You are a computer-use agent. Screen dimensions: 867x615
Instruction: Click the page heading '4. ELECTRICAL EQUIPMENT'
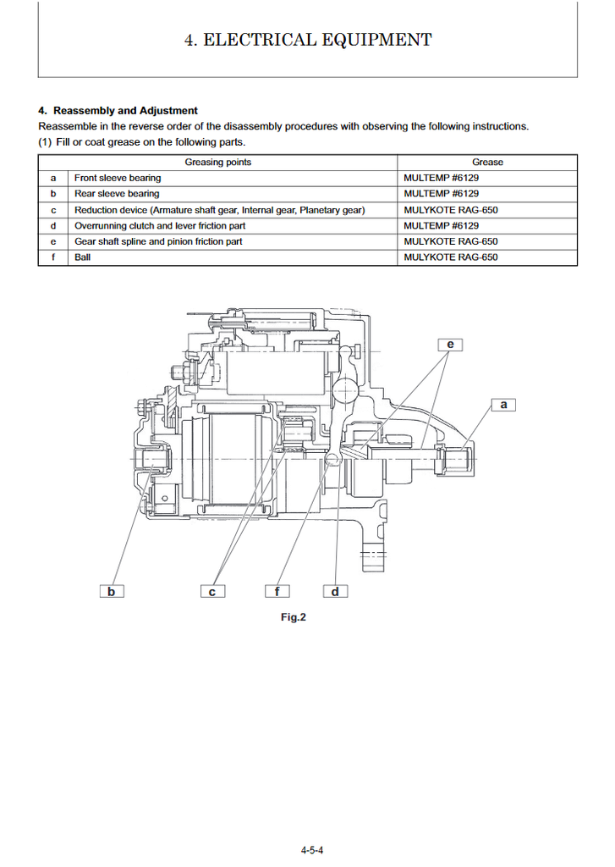coord(308,40)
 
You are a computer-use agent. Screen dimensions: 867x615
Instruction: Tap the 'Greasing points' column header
coord(218,162)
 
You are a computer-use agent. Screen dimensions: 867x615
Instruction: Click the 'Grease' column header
coord(487,162)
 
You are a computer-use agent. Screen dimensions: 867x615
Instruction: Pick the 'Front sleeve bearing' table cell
coord(118,178)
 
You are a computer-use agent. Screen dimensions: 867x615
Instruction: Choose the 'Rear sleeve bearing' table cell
coord(117,194)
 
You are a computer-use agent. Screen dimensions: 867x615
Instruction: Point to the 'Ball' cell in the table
coord(83,257)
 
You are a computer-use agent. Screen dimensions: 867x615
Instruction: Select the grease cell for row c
coord(451,210)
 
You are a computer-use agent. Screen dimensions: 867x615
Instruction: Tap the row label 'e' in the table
coord(53,241)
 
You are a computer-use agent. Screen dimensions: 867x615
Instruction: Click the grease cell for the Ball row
coord(451,257)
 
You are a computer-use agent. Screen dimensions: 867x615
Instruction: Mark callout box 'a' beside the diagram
coord(503,405)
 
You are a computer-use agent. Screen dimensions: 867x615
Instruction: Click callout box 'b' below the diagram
coord(111,591)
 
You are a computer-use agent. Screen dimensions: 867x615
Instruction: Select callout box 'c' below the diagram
coord(212,591)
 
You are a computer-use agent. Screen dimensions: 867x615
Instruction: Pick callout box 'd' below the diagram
coord(335,591)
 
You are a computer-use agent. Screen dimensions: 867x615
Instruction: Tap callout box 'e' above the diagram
coord(450,344)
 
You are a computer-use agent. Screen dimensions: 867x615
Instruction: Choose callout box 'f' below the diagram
coord(277,591)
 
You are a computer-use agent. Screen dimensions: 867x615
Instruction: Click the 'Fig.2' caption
coord(293,617)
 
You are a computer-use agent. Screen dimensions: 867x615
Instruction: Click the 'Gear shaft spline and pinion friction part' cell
coord(158,241)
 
